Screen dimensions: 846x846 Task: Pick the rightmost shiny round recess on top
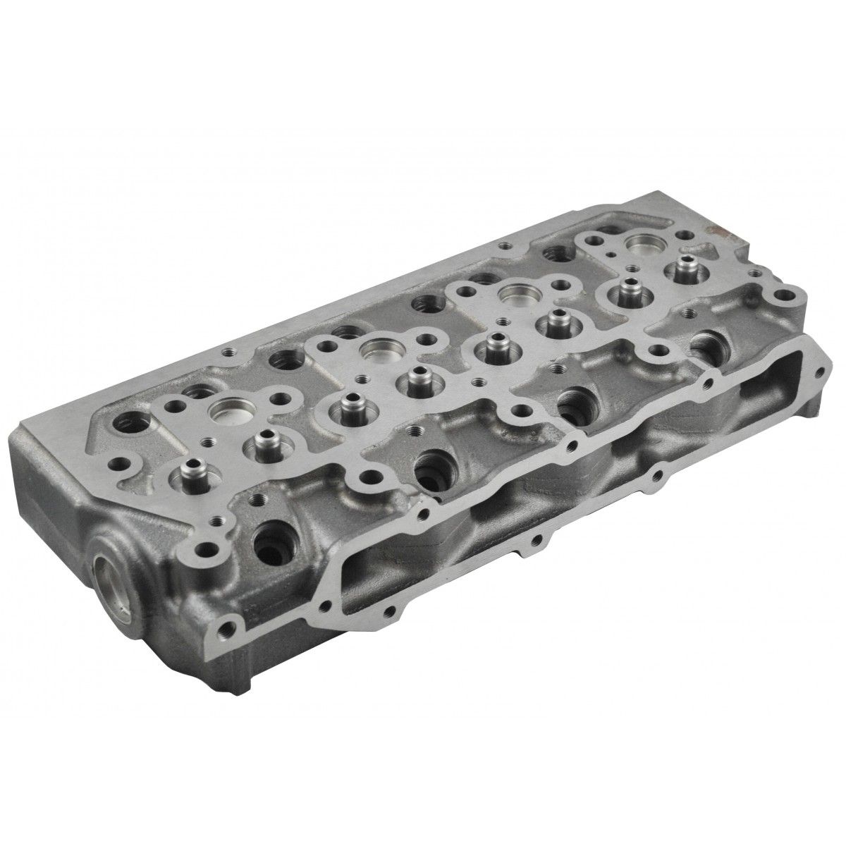[642, 243]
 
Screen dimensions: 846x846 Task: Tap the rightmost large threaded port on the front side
[705, 343]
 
